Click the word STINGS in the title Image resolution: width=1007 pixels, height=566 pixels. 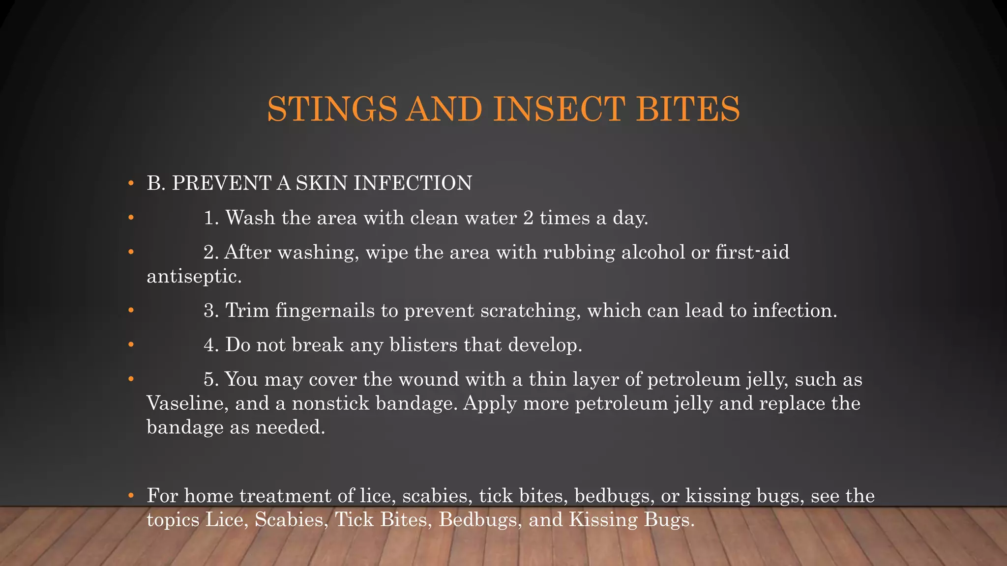point(332,109)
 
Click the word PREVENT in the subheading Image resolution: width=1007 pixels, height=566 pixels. point(221,183)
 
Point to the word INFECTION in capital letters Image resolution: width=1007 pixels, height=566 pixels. point(413,183)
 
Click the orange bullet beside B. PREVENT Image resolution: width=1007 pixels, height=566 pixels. point(130,183)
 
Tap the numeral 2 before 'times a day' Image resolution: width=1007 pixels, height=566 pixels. point(528,218)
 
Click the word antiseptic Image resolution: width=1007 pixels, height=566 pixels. point(194,277)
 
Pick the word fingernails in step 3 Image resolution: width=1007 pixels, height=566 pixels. point(325,311)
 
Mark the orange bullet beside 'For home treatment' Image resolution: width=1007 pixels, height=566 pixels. point(130,495)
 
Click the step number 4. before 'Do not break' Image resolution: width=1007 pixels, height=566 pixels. point(211,345)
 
